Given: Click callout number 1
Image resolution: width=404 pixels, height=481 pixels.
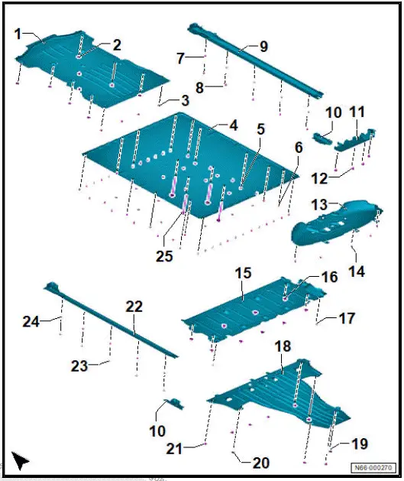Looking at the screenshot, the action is [18, 34].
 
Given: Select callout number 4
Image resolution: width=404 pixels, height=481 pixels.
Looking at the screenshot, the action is [234, 125].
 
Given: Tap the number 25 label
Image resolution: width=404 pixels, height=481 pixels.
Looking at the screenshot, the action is [164, 256].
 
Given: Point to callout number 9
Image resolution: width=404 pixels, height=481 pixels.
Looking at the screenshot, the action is [263, 47].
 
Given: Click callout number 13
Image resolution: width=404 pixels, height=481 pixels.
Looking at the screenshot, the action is [319, 205].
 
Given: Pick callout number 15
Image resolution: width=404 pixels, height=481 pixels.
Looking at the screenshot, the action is [243, 273].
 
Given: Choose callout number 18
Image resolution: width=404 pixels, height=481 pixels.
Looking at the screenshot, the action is [283, 346].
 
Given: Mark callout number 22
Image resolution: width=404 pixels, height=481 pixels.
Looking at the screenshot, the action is [134, 307].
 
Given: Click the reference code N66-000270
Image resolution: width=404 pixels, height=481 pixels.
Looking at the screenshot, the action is [373, 468].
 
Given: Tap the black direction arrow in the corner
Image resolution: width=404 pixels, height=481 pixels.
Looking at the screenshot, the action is [19, 460].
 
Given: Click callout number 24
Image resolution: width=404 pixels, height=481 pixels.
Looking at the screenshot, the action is [31, 321].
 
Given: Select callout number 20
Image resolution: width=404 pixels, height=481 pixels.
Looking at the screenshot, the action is [261, 463].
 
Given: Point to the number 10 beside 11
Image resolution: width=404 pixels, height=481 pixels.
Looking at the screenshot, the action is [333, 112].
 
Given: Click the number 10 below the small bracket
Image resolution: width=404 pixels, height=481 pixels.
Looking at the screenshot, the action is [157, 431].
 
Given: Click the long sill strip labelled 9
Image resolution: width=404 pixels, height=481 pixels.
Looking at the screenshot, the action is [255, 61].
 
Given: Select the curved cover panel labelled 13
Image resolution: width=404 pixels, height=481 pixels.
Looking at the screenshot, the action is [336, 223].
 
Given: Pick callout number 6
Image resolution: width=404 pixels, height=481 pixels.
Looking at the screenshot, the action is [299, 148].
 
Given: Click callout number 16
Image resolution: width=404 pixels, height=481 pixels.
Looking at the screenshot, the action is [330, 277].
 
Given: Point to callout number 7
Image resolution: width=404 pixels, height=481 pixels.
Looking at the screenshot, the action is [180, 58].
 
